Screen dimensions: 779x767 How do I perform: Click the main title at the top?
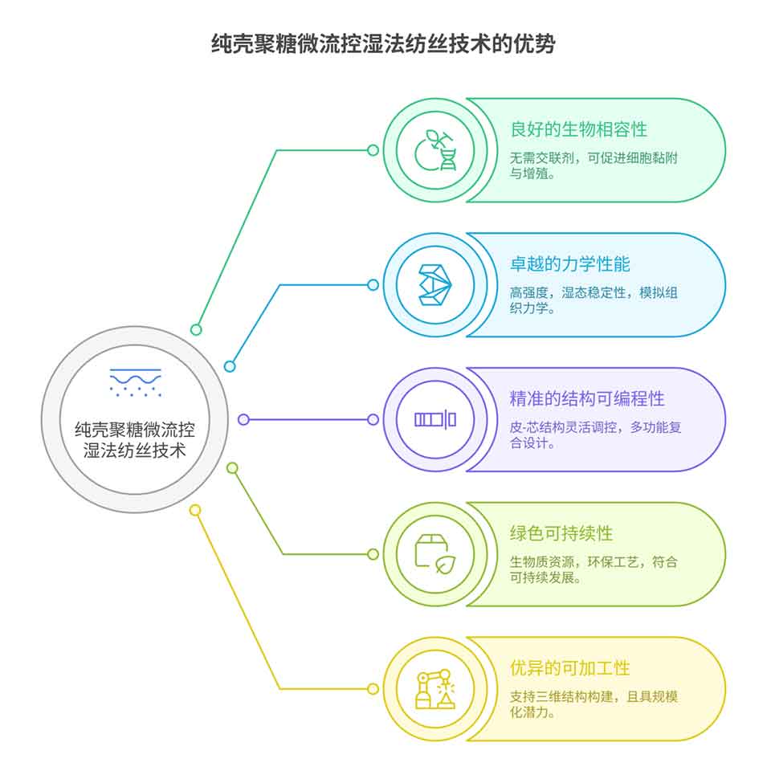(x=382, y=43)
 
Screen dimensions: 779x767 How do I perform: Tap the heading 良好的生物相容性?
(x=578, y=129)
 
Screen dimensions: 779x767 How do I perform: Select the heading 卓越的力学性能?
(x=569, y=264)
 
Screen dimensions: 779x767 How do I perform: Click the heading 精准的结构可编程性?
(x=587, y=398)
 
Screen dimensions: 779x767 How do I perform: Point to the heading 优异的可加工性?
(x=569, y=668)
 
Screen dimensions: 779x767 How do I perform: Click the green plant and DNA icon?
(x=435, y=150)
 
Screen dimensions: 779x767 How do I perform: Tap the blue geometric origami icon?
(x=435, y=285)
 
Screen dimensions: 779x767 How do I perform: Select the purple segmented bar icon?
(x=435, y=419)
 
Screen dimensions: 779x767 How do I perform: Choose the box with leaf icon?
(x=435, y=554)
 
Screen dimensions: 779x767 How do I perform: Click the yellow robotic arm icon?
(x=435, y=689)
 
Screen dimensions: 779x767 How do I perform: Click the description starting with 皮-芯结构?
(x=594, y=434)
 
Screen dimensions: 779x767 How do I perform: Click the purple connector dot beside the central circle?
(x=244, y=419)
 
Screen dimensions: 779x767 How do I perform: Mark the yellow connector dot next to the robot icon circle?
(x=373, y=689)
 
